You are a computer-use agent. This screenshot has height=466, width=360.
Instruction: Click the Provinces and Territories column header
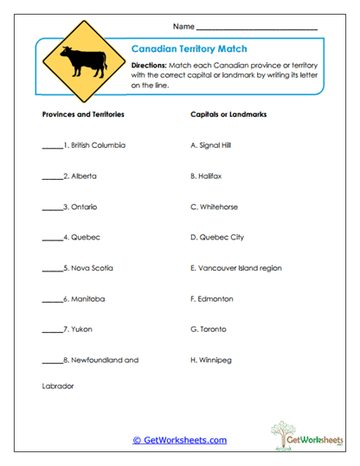[83, 114]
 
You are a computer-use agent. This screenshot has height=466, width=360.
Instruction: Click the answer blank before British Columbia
[52, 146]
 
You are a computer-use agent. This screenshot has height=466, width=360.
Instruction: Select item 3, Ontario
[80, 207]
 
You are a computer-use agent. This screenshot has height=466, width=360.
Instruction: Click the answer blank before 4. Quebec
[52, 239]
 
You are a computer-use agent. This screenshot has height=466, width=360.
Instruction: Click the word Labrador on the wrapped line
[58, 386]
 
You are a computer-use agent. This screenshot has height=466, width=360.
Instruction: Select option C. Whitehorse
[214, 207]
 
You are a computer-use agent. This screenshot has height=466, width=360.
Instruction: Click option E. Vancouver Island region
[235, 268]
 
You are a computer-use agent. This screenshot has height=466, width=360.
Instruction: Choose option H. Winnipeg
[209, 360]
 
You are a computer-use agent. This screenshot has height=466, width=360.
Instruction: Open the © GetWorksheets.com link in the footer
[179, 440]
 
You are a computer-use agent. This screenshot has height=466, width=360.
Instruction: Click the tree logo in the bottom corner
[282, 433]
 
